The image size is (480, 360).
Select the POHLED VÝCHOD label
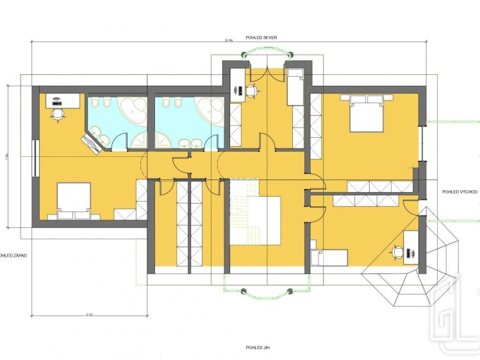[459, 192]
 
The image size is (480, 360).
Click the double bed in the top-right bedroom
[367, 111]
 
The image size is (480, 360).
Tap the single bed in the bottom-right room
[328, 257]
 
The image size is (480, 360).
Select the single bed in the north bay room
[295, 88]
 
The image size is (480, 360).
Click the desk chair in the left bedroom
[58, 114]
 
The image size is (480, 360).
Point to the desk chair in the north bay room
[251, 92]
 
